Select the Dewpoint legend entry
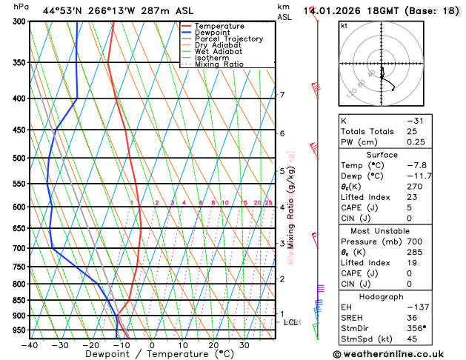tap(215, 33)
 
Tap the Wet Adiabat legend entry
tap(218, 51)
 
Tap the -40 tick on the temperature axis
tap(30, 344)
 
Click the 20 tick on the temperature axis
tap(213, 344)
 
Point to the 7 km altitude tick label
tap(282, 95)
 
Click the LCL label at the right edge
tap(290, 322)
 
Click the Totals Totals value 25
tap(411, 131)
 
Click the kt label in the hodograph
tap(344, 25)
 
